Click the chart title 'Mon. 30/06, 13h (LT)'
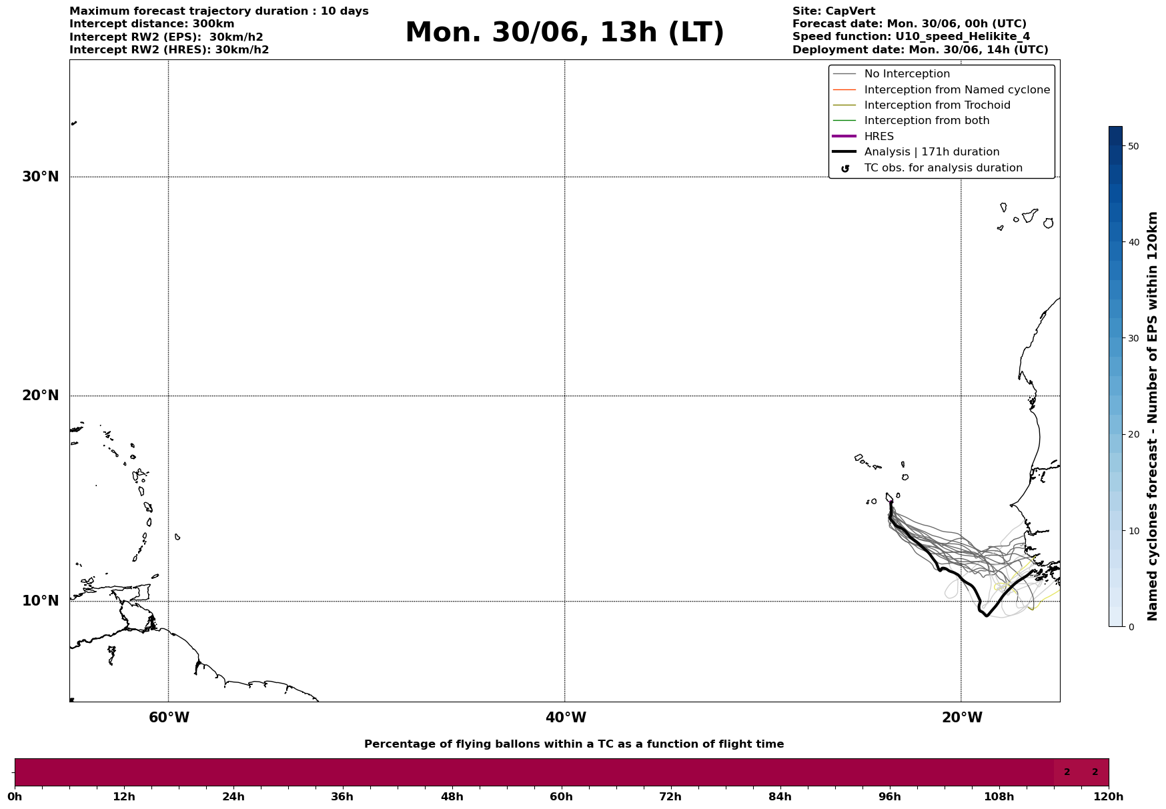(x=564, y=33)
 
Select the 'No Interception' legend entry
(x=907, y=74)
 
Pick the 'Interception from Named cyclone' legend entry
(x=957, y=90)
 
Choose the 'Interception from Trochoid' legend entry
(x=937, y=105)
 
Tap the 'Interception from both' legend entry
(x=927, y=121)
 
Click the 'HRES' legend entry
(x=879, y=137)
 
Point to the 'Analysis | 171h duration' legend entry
(x=931, y=152)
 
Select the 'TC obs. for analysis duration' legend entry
(x=943, y=168)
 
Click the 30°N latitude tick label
(x=41, y=177)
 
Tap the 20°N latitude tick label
(x=41, y=395)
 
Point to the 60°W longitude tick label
(x=169, y=718)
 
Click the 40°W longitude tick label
(x=566, y=718)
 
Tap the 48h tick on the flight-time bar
(x=452, y=796)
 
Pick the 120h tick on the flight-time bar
(x=1109, y=796)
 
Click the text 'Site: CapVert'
(x=833, y=11)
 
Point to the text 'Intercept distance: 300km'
(x=151, y=24)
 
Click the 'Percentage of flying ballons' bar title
(x=574, y=744)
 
